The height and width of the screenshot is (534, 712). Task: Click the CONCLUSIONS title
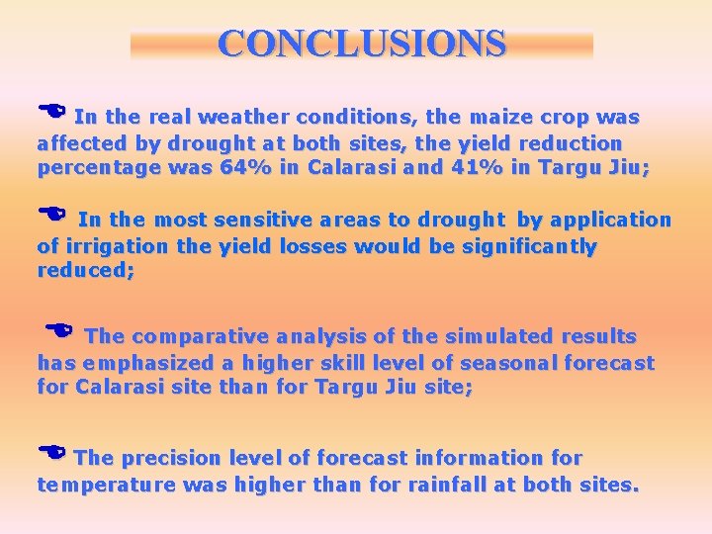point(361,44)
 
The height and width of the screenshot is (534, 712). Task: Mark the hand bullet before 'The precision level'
point(53,453)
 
